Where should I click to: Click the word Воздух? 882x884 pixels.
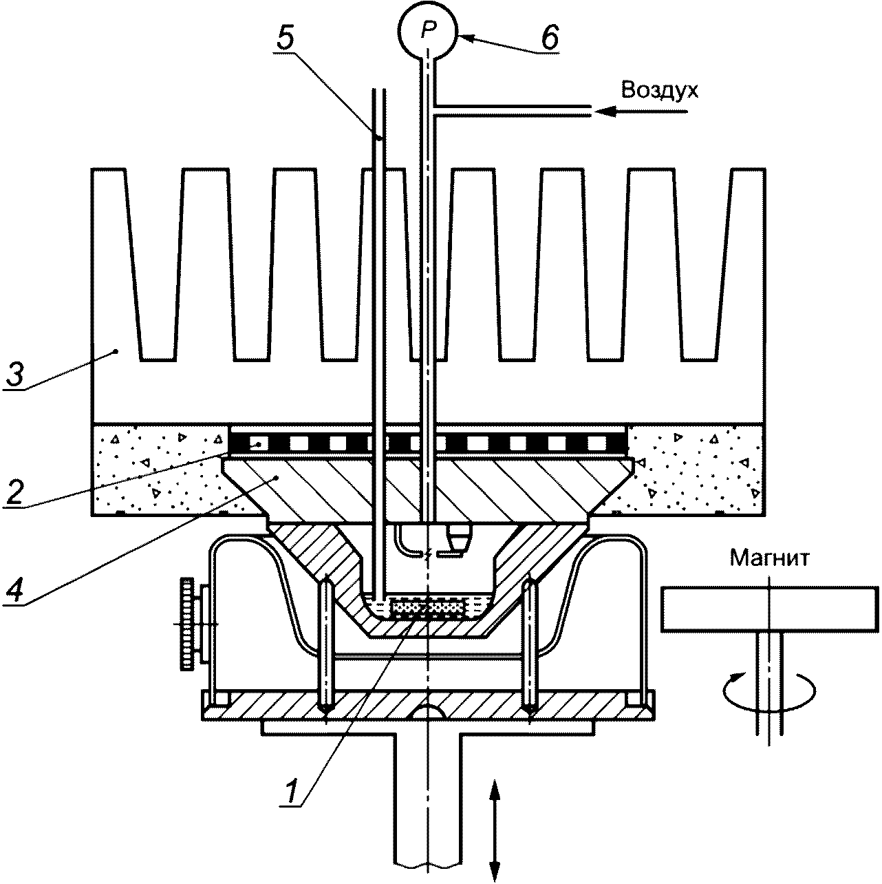[x=659, y=90]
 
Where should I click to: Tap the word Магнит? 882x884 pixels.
[x=770, y=557]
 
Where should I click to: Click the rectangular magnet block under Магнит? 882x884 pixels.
[x=768, y=608]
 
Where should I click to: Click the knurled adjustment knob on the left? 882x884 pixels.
[x=187, y=624]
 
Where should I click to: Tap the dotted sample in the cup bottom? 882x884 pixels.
[x=427, y=608]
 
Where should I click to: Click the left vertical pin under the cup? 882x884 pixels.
[x=325, y=647]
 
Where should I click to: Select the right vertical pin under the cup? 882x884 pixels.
[x=530, y=647]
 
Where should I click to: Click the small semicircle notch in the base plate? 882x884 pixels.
[x=428, y=713]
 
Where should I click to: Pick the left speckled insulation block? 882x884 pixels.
[x=158, y=470]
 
